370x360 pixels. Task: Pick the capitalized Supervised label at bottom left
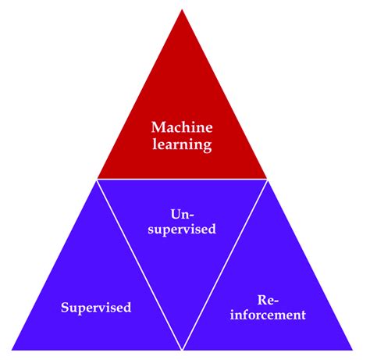pyautogui.click(x=96, y=307)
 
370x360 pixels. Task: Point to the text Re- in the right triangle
pyautogui.click(x=268, y=299)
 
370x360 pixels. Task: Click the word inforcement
pyautogui.click(x=268, y=316)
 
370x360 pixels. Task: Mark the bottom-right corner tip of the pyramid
pyautogui.click(x=352, y=348)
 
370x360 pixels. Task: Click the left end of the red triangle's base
pyautogui.click(x=98, y=177)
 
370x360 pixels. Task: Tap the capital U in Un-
pyautogui.click(x=174, y=212)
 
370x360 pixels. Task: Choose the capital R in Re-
pyautogui.click(x=261, y=299)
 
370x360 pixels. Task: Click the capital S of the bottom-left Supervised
pyautogui.click(x=65, y=307)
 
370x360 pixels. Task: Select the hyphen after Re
pyautogui.click(x=278, y=301)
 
